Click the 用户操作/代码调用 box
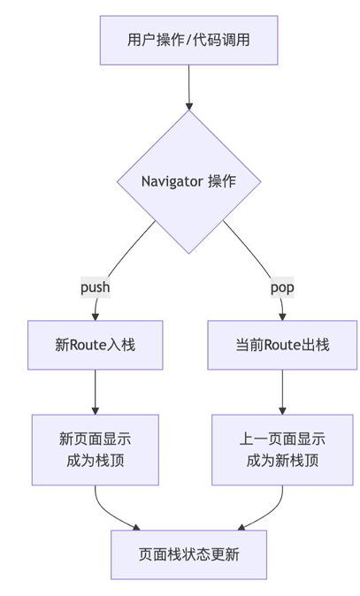click(x=189, y=40)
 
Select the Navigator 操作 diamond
click(x=189, y=181)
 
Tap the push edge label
click(x=95, y=287)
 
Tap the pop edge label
click(x=282, y=287)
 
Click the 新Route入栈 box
click(x=95, y=345)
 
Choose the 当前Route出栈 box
click(x=282, y=345)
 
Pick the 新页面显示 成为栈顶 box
click(x=95, y=449)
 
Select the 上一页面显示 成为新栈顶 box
click(x=282, y=449)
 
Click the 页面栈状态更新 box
click(x=189, y=554)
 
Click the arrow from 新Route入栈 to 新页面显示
click(x=95, y=391)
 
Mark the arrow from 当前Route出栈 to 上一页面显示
click(x=282, y=391)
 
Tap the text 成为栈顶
click(x=95, y=460)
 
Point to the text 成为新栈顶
click(x=282, y=460)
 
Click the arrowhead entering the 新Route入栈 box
click(x=95, y=316)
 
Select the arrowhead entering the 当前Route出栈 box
click(x=282, y=316)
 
